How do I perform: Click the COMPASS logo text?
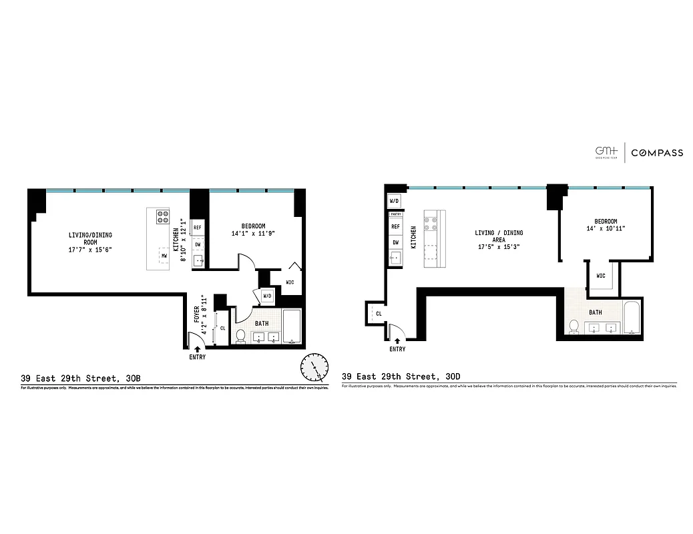657,153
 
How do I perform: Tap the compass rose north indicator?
314,366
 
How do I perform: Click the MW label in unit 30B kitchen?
164,256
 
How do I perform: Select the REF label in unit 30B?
198,228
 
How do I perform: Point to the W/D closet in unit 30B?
266,295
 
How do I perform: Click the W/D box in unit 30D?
394,201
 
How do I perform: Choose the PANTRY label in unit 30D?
395,214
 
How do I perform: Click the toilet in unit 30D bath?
573,326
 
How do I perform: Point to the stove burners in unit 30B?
162,216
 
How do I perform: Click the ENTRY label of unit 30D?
397,349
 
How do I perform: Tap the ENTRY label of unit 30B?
198,357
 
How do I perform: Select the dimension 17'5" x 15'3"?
499,246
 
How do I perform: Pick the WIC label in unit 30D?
600,276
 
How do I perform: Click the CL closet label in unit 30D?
379,313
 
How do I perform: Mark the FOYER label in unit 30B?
196,314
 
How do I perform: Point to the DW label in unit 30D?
395,242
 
